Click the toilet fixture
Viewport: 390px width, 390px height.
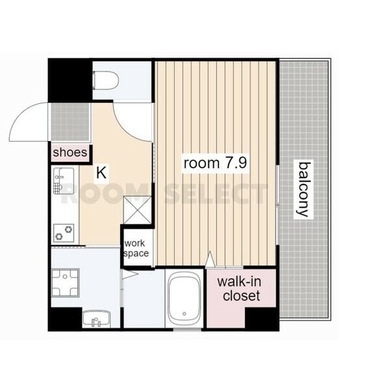pos(106,81)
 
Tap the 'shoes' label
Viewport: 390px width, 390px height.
pos(70,152)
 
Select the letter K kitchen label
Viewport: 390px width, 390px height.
pos(101,173)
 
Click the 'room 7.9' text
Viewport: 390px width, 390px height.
pos(215,163)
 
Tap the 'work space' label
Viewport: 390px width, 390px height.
pos(136,248)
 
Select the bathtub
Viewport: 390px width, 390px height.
pos(185,300)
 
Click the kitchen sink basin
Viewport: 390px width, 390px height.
pos(64,181)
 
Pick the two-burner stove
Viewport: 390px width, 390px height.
pos(64,233)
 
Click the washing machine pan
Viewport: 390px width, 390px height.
pos(65,283)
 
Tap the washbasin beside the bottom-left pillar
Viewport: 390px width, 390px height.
pos(96,318)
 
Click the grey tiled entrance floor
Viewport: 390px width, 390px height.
pos(70,122)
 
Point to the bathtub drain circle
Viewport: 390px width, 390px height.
pos(185,314)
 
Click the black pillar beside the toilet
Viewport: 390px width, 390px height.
pos(70,80)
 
